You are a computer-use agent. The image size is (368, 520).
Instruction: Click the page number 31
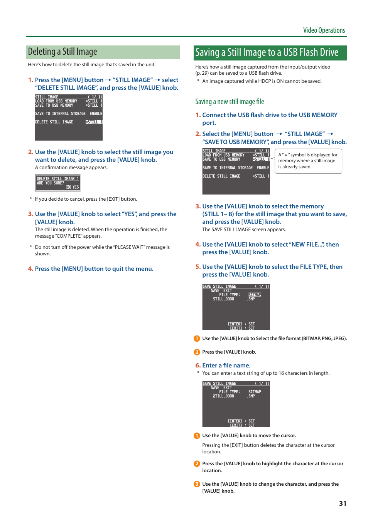click(343, 503)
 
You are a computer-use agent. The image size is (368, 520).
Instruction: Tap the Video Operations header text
click(324, 30)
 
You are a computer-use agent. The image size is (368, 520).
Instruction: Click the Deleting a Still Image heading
click(62, 52)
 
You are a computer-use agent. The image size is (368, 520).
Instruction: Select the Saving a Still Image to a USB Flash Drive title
click(267, 52)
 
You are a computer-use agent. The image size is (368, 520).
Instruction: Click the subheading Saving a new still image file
click(230, 102)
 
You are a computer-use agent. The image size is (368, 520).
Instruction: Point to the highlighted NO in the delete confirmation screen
click(68, 187)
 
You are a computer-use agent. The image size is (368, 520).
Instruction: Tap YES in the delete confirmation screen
click(76, 187)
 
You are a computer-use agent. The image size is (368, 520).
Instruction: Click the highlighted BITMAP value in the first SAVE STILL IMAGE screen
click(255, 295)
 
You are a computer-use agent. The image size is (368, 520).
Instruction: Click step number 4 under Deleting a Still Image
click(30, 269)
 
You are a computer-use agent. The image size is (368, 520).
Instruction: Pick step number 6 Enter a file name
click(198, 366)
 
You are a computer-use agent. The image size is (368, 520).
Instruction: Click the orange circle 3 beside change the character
click(197, 484)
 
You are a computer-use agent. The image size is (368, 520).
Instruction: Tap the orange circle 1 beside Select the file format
click(197, 339)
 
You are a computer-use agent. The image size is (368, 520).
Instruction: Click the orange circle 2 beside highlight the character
click(197, 464)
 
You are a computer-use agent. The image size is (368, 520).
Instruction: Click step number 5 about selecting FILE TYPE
click(198, 267)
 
